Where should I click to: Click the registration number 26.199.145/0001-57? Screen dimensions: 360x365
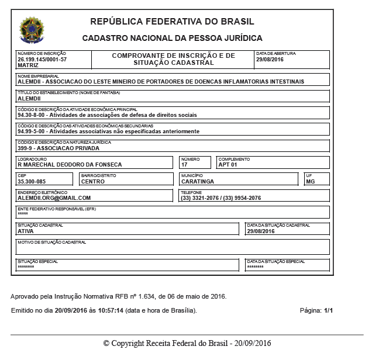click(x=42, y=60)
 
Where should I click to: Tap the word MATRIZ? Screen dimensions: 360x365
click(x=28, y=65)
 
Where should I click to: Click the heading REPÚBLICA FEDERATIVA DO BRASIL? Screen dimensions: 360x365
click(x=172, y=22)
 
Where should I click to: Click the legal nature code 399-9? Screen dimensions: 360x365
click(x=26, y=148)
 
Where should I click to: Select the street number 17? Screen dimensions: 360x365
click(x=184, y=165)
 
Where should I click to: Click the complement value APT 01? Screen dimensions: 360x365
click(x=228, y=165)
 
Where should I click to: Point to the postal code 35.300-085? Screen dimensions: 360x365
click(x=32, y=182)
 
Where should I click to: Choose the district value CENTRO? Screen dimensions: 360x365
click(x=93, y=182)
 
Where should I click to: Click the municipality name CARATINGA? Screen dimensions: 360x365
click(x=197, y=182)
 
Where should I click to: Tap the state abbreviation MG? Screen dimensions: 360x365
click(x=310, y=182)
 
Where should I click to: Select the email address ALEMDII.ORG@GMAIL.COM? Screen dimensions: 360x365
click(x=54, y=198)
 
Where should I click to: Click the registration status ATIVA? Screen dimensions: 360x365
click(x=26, y=231)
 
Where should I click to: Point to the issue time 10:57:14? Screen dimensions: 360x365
click(x=111, y=310)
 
